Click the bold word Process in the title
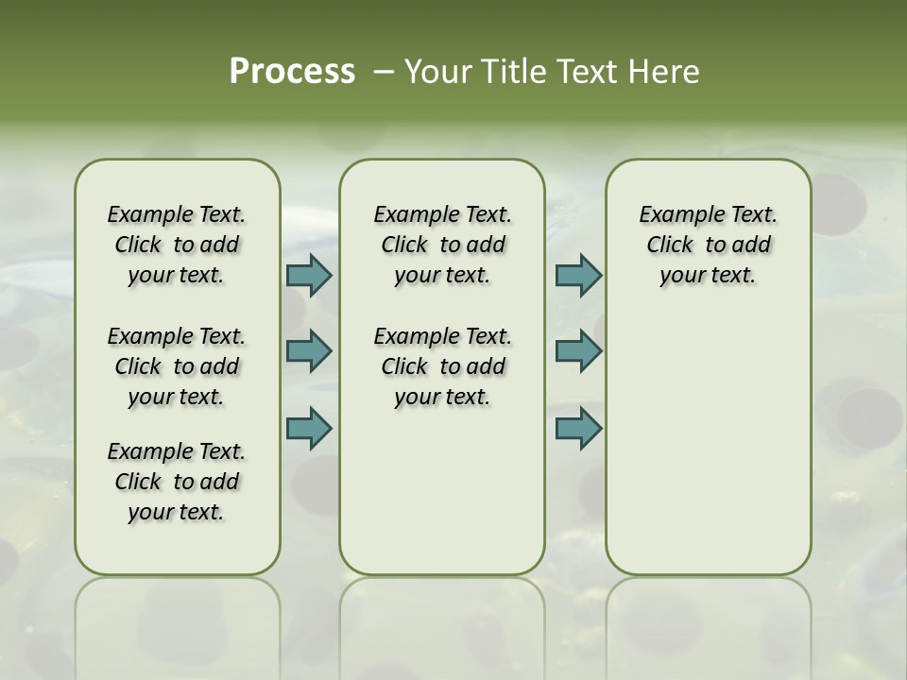(x=292, y=72)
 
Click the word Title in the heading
(x=515, y=72)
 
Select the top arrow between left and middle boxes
(x=309, y=276)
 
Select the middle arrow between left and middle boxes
(x=309, y=351)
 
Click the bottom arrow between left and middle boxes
(x=309, y=428)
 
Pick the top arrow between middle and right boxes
(x=578, y=276)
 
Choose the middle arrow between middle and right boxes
(x=578, y=351)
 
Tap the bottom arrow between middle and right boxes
(x=578, y=428)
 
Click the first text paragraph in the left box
(x=177, y=245)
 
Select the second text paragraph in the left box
(x=177, y=366)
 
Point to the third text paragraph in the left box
(x=177, y=482)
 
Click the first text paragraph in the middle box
(x=442, y=245)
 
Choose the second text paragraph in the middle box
(x=442, y=366)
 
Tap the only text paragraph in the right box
(x=708, y=245)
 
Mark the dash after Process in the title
(x=383, y=72)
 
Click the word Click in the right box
(x=670, y=246)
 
